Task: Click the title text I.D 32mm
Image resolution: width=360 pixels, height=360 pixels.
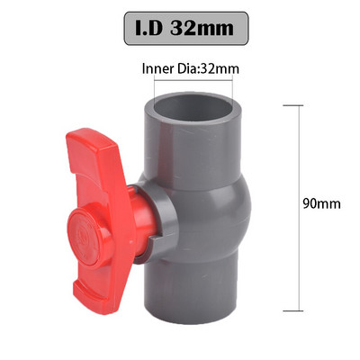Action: pyautogui.click(x=179, y=28)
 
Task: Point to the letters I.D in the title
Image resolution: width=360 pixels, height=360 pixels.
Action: pyautogui.click(x=144, y=28)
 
